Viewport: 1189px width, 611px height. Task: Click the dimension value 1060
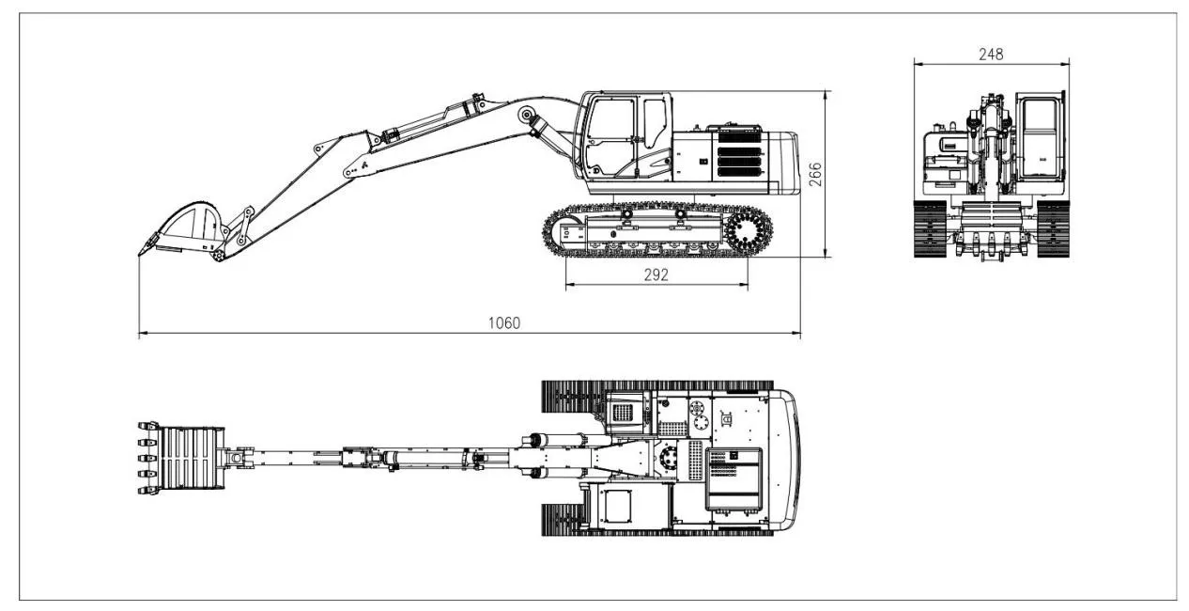[x=503, y=323]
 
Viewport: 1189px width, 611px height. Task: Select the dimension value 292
[x=656, y=274]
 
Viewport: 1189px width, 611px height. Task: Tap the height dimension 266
[x=815, y=175]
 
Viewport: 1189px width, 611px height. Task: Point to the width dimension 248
[x=991, y=54]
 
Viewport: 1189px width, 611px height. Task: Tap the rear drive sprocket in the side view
[x=748, y=231]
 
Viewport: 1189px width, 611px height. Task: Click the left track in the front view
[x=929, y=227]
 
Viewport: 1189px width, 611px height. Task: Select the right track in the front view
[x=1054, y=227]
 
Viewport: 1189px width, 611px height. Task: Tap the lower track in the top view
[x=657, y=526]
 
